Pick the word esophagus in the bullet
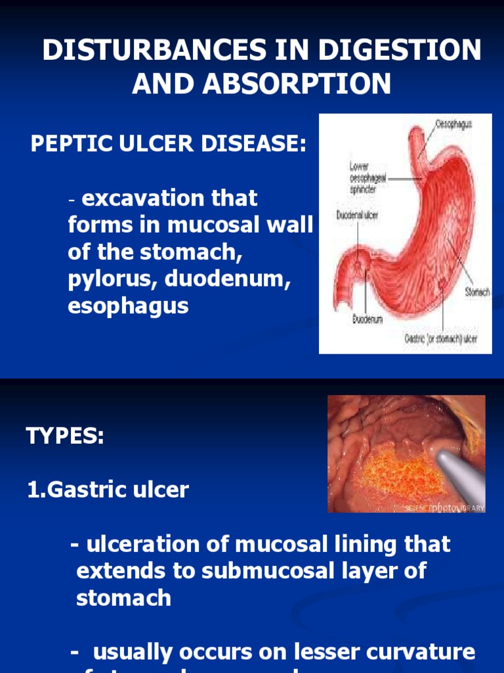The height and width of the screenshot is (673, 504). (128, 305)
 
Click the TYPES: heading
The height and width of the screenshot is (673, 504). (65, 436)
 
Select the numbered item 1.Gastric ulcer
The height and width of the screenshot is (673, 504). (108, 490)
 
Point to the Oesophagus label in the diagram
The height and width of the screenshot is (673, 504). (453, 124)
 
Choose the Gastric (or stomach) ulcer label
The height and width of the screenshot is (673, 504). (440, 340)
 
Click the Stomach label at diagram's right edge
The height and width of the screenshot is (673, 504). (477, 292)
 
